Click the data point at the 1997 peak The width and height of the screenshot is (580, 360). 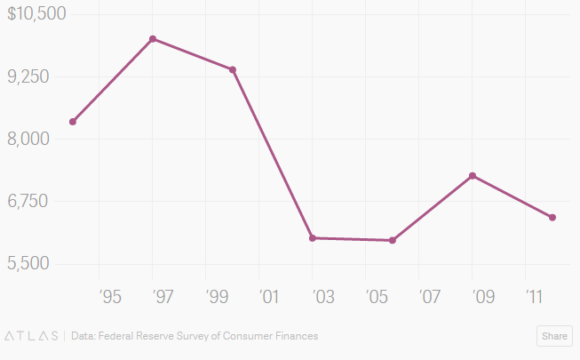tap(153, 39)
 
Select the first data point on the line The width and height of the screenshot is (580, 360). tap(73, 122)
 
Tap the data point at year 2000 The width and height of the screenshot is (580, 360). tap(233, 69)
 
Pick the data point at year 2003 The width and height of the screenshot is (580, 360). tap(313, 238)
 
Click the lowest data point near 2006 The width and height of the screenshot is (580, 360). tap(393, 240)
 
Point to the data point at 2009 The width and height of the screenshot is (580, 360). tap(473, 176)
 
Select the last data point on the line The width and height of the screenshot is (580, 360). tap(552, 218)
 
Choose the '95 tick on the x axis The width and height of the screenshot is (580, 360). tap(111, 295)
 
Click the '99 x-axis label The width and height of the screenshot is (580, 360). tap(218, 295)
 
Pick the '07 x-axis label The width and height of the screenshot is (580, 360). tap(430, 295)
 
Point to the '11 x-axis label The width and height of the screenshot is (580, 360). tap(536, 295)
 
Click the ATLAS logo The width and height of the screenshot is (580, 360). tap(32, 336)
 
